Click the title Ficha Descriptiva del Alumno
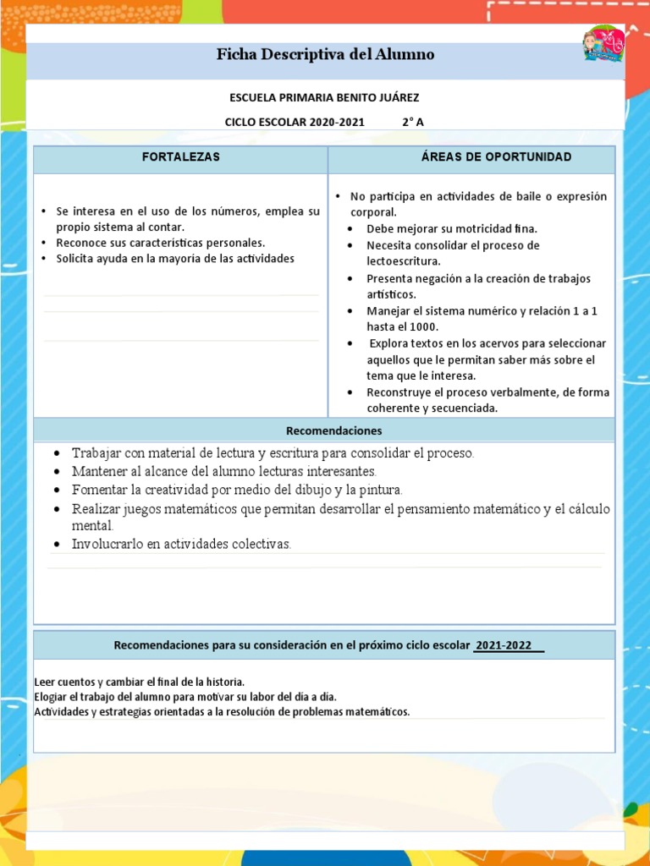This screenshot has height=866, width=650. click(325, 55)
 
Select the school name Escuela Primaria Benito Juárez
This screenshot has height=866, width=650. click(324, 98)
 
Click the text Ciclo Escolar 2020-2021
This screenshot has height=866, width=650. click(295, 122)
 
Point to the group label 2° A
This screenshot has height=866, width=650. click(412, 122)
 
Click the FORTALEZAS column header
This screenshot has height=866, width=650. click(180, 157)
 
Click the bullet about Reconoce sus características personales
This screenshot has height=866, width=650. click(161, 243)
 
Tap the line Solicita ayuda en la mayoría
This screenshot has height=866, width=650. click(175, 259)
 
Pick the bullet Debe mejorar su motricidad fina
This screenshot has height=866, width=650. click(452, 229)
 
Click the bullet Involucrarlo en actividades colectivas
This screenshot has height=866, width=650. click(181, 544)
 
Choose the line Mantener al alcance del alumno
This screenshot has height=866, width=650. click(223, 471)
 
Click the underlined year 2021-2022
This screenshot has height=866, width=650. click(504, 645)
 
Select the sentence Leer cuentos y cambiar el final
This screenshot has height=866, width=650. click(140, 682)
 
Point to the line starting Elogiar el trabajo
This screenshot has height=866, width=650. click(185, 697)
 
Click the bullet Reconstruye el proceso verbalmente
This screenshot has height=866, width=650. click(487, 392)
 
